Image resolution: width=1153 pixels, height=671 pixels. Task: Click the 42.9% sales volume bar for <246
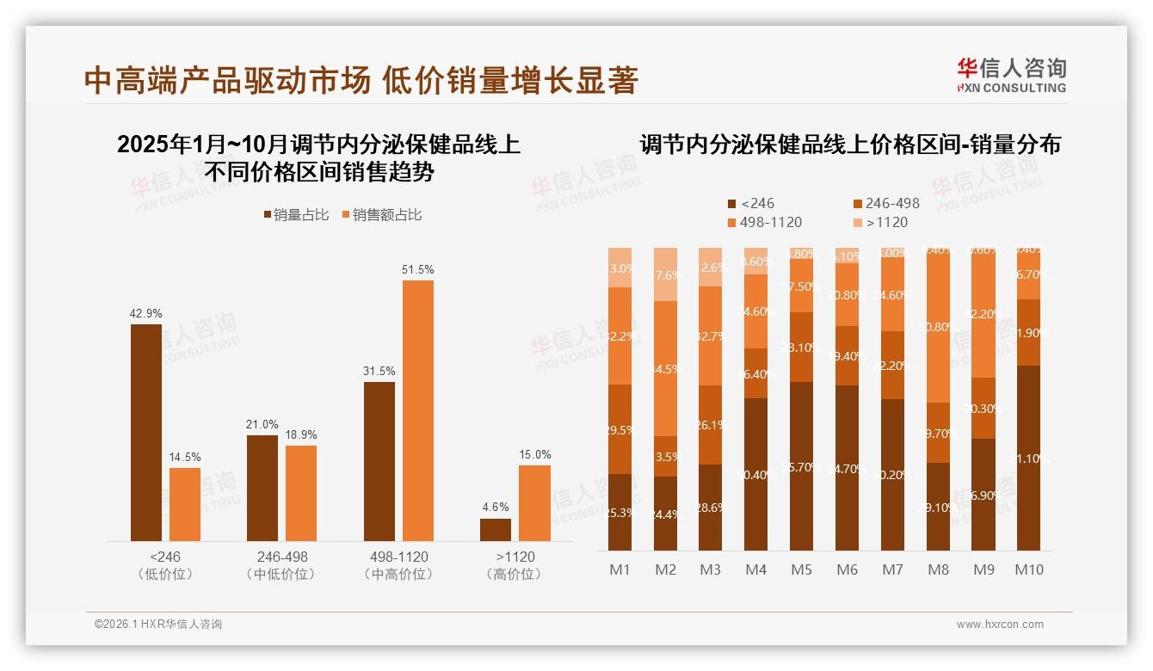tap(146, 432)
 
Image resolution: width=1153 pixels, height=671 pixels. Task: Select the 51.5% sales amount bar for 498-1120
tap(417, 410)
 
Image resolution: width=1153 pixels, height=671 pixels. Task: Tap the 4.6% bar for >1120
tap(496, 530)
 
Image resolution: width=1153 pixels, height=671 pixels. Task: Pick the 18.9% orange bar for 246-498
tap(301, 493)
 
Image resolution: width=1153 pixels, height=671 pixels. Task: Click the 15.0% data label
tap(535, 454)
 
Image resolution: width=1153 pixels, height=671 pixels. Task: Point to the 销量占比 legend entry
tap(296, 215)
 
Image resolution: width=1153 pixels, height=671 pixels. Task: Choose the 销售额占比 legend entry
tap(382, 215)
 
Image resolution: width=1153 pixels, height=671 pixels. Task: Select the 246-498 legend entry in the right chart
tap(885, 204)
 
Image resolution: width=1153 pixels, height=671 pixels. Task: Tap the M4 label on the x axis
tap(755, 569)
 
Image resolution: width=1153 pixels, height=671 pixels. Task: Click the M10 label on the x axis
tap(1028, 569)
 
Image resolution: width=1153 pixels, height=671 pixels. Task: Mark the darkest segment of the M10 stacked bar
tap(1028, 458)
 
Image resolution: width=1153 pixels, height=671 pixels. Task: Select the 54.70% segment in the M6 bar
tap(847, 467)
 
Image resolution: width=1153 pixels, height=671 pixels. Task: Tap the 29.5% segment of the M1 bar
tap(620, 429)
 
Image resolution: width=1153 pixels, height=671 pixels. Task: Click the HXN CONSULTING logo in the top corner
tap(1011, 75)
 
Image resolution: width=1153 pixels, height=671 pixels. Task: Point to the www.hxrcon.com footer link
tap(1000, 625)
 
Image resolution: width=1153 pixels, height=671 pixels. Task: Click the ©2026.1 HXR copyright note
tap(158, 625)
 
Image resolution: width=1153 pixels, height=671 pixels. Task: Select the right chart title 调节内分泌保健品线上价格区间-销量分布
tap(850, 145)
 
